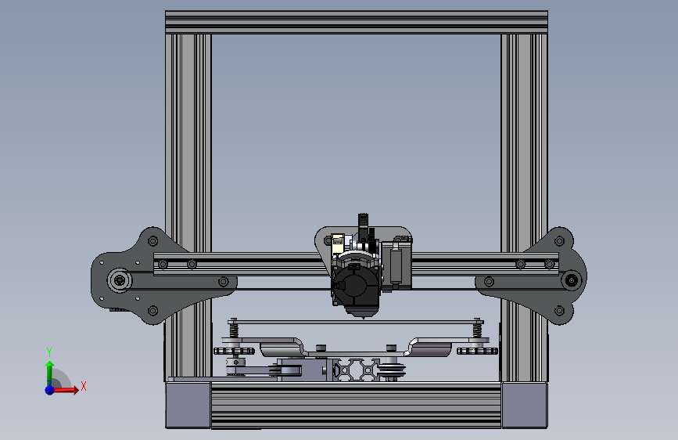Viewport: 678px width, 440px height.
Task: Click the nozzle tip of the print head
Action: click(362, 316)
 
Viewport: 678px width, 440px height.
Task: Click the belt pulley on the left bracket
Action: click(119, 280)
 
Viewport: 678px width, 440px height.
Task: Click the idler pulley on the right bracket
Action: click(572, 280)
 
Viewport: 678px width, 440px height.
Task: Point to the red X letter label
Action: click(83, 386)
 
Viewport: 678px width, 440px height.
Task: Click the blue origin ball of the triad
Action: click(49, 388)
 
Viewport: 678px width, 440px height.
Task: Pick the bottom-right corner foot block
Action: click(523, 405)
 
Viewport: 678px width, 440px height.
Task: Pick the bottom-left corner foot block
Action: click(188, 405)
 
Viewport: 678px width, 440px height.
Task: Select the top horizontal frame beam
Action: click(356, 22)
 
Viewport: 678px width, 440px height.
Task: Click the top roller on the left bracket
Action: click(152, 240)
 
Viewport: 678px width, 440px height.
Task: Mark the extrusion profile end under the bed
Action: click(356, 369)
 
